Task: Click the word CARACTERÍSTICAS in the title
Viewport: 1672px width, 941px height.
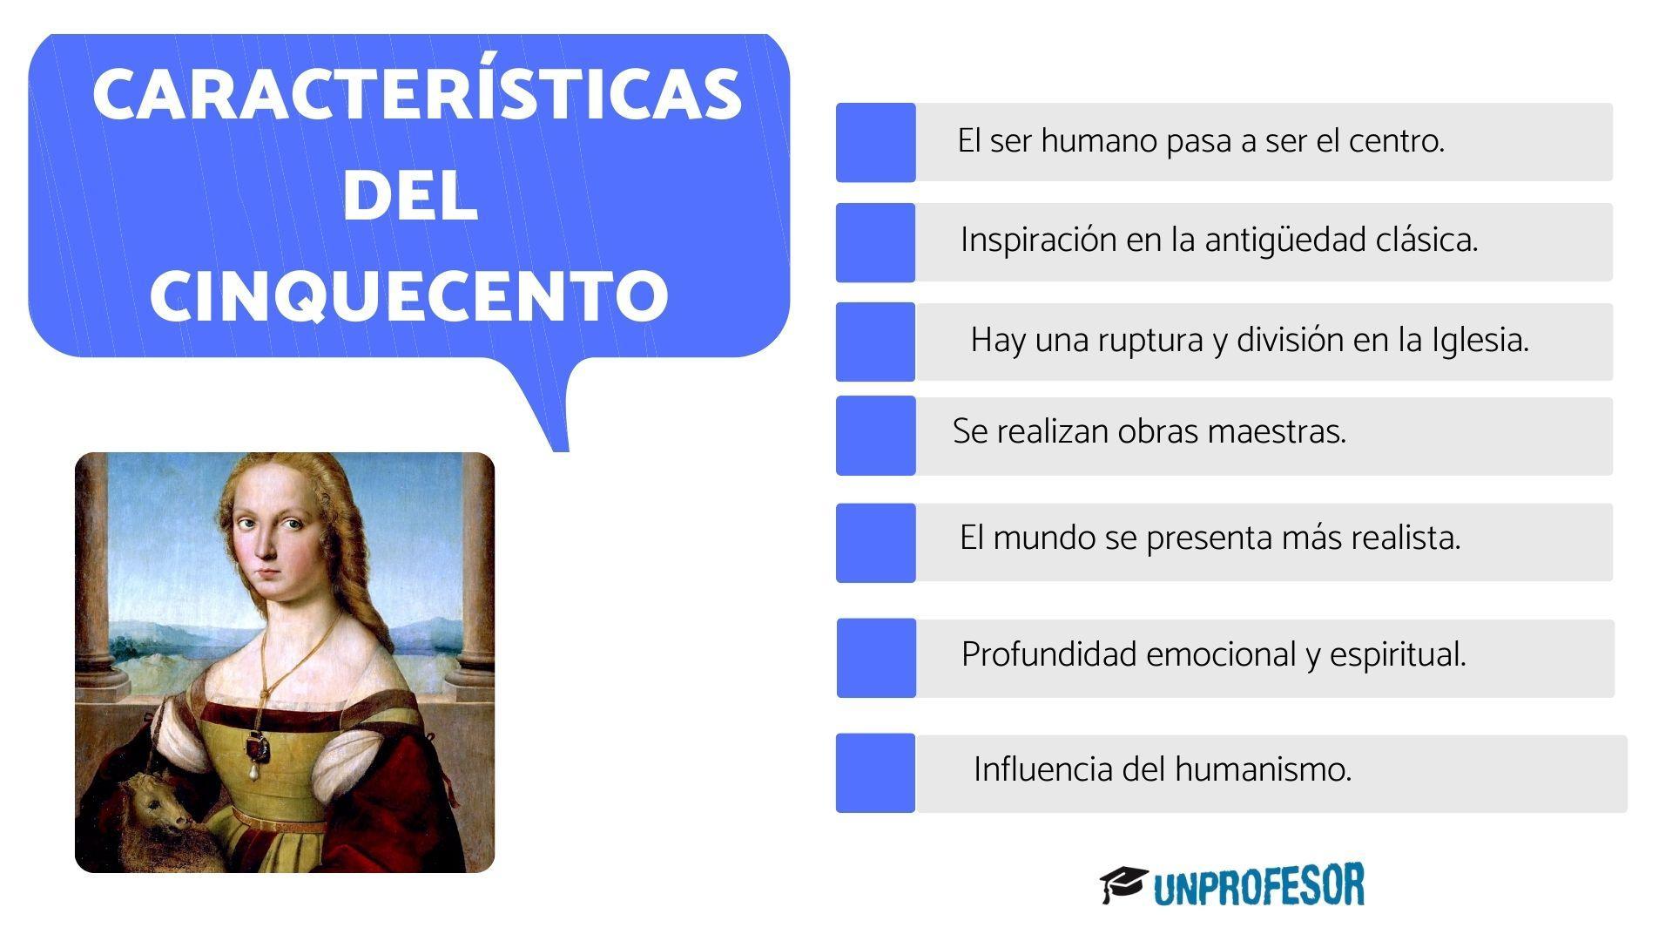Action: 416,94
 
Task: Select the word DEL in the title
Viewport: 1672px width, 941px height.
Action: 409,196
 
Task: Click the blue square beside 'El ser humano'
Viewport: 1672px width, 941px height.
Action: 875,142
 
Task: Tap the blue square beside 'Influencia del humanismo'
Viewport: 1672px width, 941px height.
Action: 875,773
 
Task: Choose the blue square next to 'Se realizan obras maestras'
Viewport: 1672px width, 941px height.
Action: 875,436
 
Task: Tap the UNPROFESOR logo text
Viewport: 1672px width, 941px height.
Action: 1258,886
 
